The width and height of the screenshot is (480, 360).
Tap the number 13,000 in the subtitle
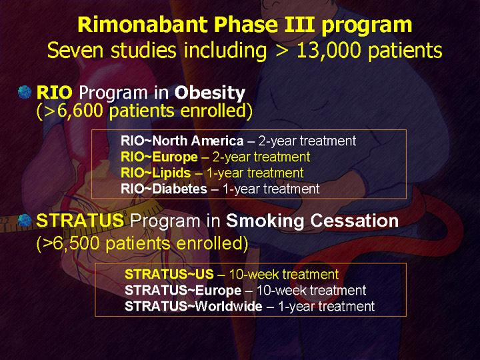click(329, 50)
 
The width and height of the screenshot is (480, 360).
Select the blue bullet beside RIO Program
click(25, 92)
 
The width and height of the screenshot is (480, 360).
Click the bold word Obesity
click(210, 93)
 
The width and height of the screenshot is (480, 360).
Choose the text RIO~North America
click(182, 141)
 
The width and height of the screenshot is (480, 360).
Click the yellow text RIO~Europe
click(159, 157)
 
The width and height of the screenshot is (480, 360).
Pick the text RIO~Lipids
click(156, 173)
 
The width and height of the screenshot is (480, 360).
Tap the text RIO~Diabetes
click(164, 189)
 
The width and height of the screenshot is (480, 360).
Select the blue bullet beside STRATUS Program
click(25, 221)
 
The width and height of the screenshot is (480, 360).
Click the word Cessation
click(355, 221)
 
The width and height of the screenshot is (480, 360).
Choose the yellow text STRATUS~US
click(169, 274)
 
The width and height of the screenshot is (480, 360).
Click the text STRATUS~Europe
click(183, 290)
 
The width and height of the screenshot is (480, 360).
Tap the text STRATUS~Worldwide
click(193, 306)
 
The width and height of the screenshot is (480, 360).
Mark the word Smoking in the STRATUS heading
click(265, 221)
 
